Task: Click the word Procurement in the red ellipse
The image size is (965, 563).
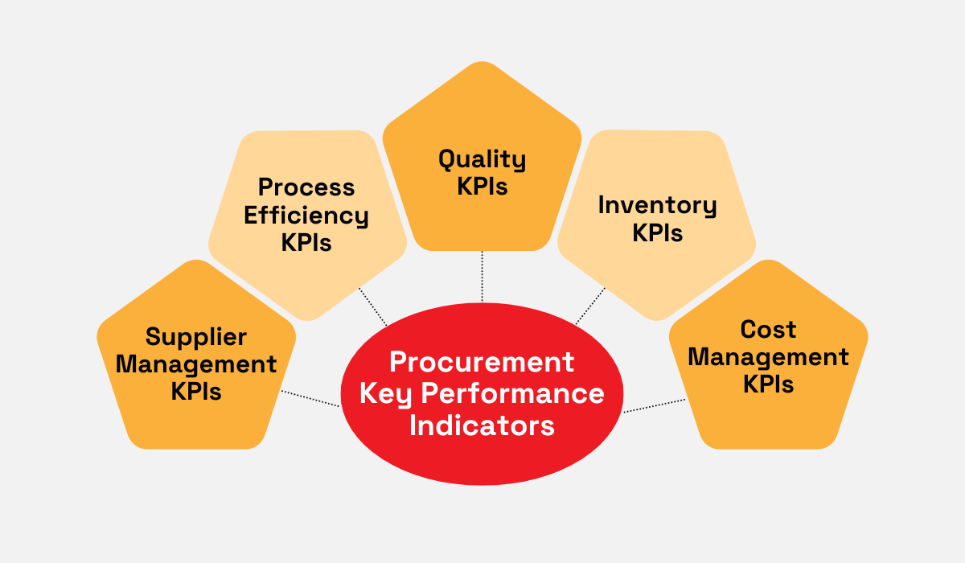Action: coord(482,363)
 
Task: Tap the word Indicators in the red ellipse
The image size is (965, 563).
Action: coord(482,424)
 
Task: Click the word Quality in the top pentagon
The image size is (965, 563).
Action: coord(482,159)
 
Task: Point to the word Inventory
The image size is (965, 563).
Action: coord(657,205)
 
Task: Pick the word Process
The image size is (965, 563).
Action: coord(306,187)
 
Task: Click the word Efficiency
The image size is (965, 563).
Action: coord(306,215)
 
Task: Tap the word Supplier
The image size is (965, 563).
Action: coord(196,336)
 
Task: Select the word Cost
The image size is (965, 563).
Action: coord(768,329)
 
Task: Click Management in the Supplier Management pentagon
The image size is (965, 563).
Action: coord(196,364)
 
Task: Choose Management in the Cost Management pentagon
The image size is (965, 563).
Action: coord(768,356)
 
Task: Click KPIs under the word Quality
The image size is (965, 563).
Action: coord(482,187)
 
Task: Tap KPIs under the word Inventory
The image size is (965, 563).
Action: coord(657,232)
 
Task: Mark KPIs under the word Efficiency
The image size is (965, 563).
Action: coord(306,242)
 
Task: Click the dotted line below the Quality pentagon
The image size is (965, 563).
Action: coord(482,276)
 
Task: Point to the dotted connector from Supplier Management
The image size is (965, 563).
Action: coord(310,399)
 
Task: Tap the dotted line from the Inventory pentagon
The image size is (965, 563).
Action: coord(591,306)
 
